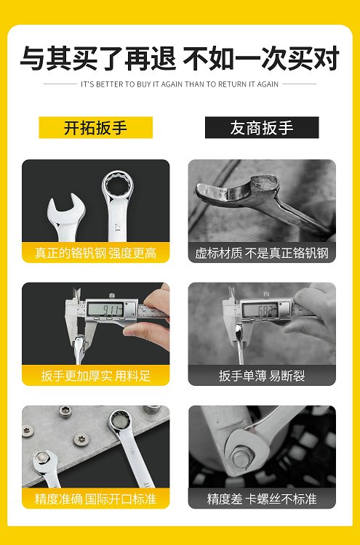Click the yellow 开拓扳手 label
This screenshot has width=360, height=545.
pos(96,128)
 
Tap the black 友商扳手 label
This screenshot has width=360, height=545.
pos(262,128)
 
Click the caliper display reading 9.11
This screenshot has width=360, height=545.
pos(105,309)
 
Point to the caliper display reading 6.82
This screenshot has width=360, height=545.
pos(260,310)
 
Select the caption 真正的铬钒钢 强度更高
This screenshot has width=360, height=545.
pos(96,253)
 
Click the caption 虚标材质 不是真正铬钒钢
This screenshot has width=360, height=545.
pos(262,253)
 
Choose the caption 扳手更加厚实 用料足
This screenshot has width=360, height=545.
pos(96,376)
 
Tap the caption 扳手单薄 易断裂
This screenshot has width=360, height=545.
pos(262,376)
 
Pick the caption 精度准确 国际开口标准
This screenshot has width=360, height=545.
pos(96,499)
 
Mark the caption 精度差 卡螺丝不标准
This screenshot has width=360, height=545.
pos(262,499)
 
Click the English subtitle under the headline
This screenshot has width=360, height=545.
pos(180,84)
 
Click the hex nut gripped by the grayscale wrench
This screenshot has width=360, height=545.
pos(240,456)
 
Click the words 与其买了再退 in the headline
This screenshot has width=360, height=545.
pos(98,58)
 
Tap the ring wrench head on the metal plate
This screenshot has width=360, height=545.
pos(120,421)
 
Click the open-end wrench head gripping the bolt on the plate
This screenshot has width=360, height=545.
pos(44,461)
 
